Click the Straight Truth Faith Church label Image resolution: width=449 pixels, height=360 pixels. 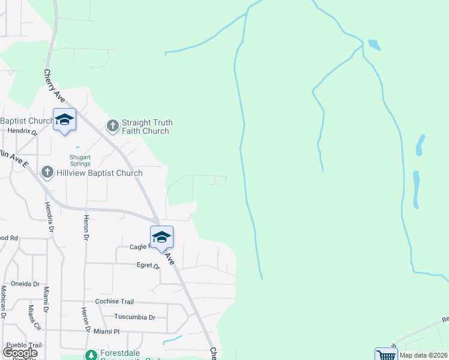[147, 127]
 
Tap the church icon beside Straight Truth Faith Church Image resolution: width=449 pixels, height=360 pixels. [112, 126]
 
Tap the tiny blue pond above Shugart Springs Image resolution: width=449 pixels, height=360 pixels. [77, 146]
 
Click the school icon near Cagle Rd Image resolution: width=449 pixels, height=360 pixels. [161, 238]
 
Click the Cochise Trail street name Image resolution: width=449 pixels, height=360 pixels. [115, 302]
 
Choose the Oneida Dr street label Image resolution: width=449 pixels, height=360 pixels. [25, 284]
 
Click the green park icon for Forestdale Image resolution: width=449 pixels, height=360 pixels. [91, 356]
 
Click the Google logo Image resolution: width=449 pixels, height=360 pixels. [20, 353]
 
